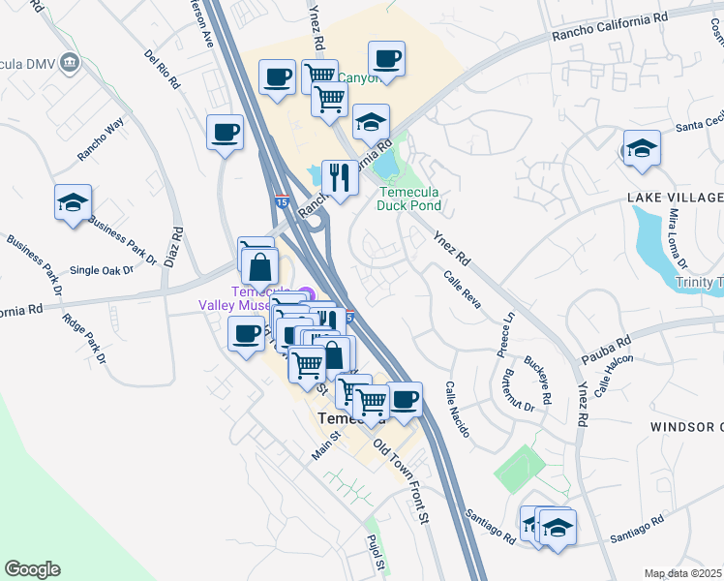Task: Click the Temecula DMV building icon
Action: tap(69, 64)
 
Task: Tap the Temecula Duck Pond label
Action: tap(408, 199)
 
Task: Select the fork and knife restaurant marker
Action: tap(340, 177)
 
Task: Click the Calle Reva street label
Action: tap(462, 288)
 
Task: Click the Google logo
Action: tap(31, 569)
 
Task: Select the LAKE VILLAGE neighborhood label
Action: tap(675, 198)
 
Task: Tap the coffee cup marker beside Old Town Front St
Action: tap(404, 398)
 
